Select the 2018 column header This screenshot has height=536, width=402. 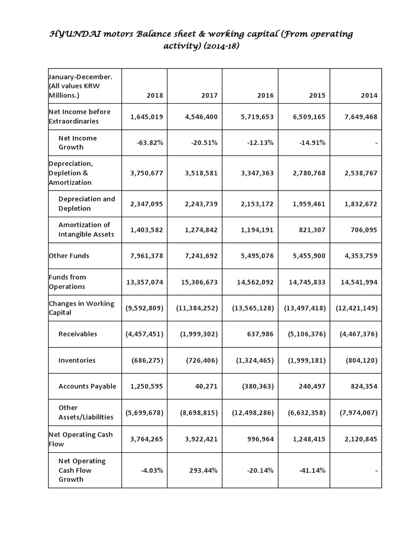[x=155, y=96]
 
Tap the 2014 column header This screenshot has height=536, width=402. [x=368, y=96]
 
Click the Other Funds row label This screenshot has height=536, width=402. [x=69, y=255]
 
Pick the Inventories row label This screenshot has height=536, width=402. [x=77, y=360]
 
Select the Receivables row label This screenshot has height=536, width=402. [x=77, y=334]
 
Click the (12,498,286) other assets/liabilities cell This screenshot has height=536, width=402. [x=253, y=412]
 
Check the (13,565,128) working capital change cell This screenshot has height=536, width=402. [x=253, y=308]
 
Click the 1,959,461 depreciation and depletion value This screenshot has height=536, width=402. [x=309, y=203]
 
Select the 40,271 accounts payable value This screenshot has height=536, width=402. [x=206, y=386]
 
